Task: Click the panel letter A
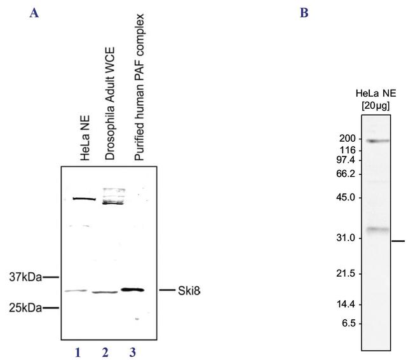tap(34, 12)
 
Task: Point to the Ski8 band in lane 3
tap(133, 290)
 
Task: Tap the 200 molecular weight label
tap(346, 139)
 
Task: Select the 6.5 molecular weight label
tap(348, 323)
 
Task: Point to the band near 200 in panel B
tap(376, 141)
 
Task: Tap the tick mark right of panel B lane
tap(398, 241)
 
